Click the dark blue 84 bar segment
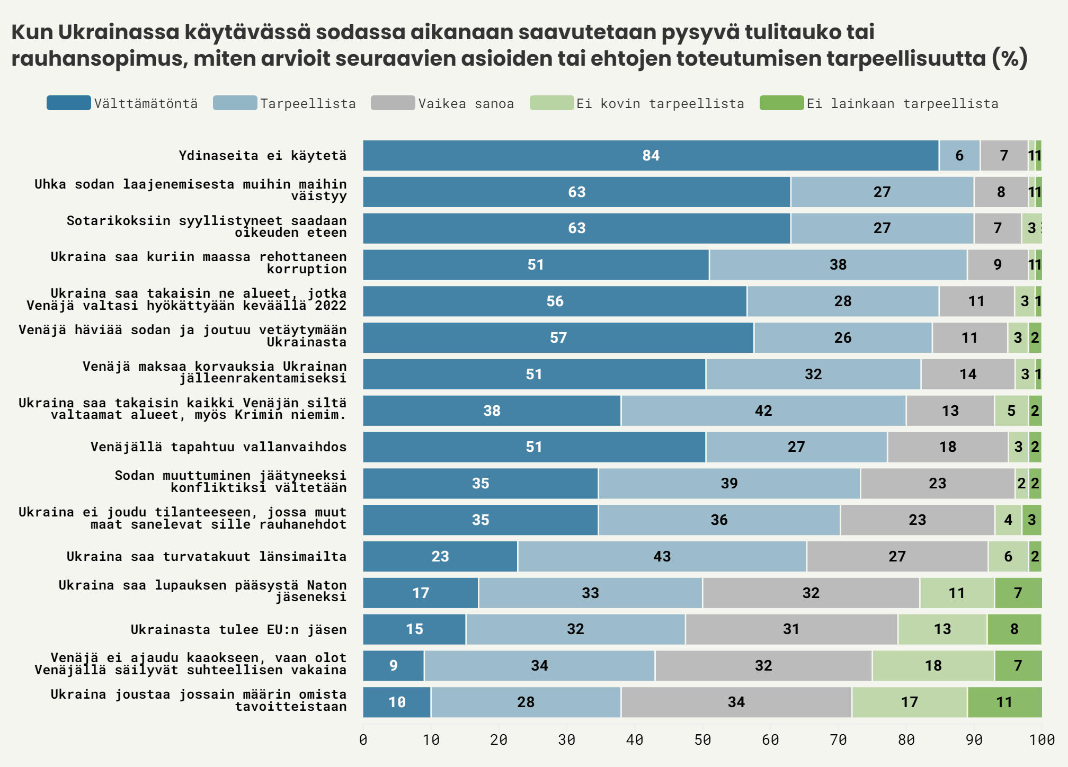coord(651,156)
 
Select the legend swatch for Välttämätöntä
coord(68,103)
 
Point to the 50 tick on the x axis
coord(702,739)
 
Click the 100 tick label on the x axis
coord(1042,739)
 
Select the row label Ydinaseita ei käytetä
coord(262,156)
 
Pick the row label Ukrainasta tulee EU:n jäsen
coord(238,629)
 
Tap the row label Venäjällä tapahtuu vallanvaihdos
coord(218,447)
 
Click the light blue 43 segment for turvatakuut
coord(662,556)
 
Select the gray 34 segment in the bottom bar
coord(736,702)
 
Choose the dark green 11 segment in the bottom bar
coord(1004,702)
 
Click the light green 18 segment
coord(933,666)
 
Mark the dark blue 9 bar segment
coord(393,666)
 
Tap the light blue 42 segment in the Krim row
coord(763,411)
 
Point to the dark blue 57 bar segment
coord(558,338)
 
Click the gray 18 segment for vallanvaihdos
coord(947,447)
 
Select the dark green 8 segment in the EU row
coord(1014,629)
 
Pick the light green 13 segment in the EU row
coord(942,629)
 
